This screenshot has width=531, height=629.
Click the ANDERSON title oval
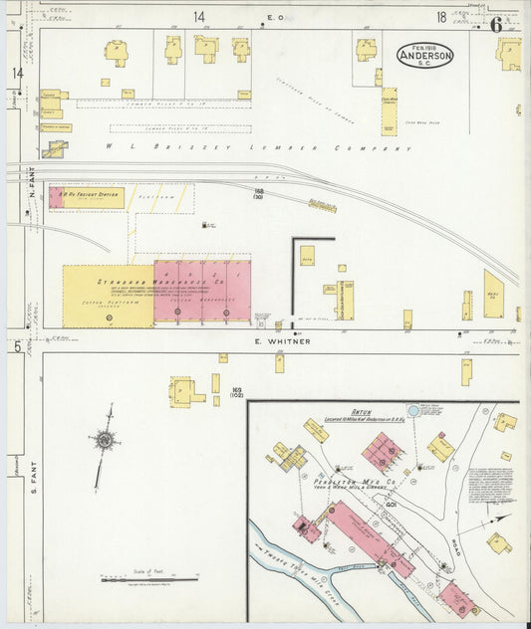click(x=425, y=56)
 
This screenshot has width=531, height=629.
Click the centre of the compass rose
click(x=104, y=439)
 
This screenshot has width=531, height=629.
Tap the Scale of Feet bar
click(x=149, y=578)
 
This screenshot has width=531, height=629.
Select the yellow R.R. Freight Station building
click(x=87, y=197)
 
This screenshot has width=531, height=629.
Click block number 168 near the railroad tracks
click(x=258, y=192)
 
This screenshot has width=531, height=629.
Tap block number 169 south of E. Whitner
click(x=237, y=391)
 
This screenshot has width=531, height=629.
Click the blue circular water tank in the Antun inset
click(x=413, y=409)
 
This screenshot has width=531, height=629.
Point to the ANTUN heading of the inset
click(x=361, y=410)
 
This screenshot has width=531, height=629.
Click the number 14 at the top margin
click(x=199, y=17)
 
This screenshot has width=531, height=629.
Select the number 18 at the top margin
click(x=440, y=17)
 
